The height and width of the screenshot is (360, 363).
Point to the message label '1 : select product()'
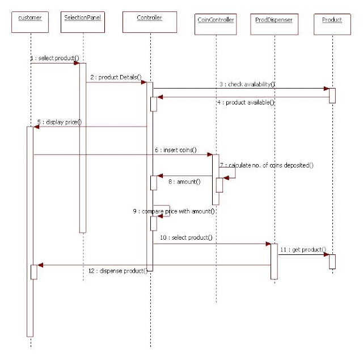click(x=54, y=58)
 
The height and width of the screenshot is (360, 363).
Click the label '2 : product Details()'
click(x=116, y=77)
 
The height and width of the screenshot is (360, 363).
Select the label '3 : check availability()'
click(x=247, y=84)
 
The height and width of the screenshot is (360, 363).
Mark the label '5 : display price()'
click(x=60, y=122)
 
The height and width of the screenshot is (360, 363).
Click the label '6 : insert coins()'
click(x=175, y=150)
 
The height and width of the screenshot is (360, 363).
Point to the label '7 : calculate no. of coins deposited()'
click(x=267, y=165)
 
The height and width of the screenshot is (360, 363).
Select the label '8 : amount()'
click(x=185, y=181)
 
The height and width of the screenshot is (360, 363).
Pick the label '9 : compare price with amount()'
click(x=174, y=211)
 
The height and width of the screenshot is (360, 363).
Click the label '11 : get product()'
click(x=303, y=249)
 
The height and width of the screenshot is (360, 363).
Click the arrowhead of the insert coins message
click(x=209, y=154)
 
